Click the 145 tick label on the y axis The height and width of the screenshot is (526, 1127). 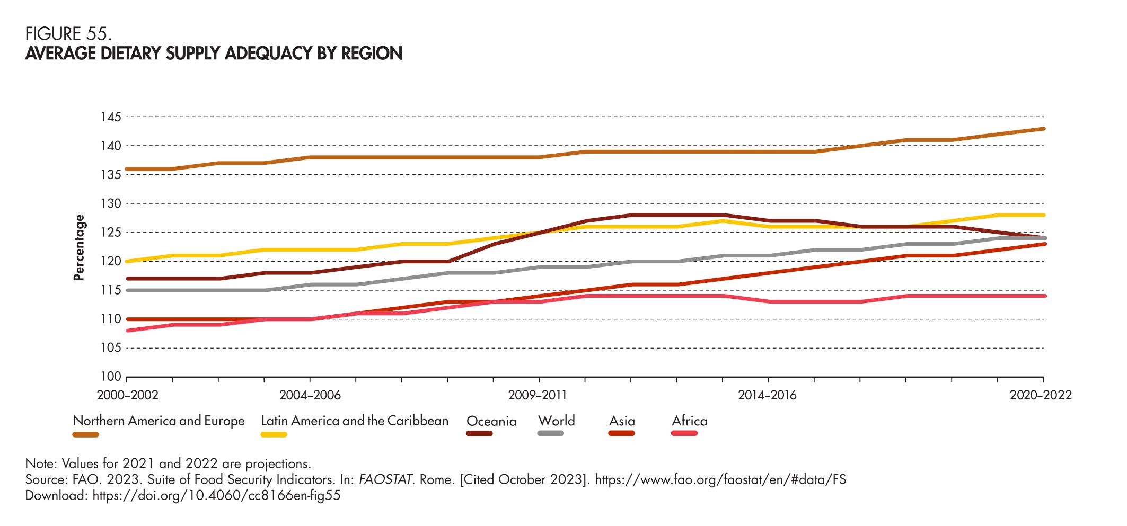click(111, 117)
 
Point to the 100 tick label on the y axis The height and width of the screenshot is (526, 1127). click(111, 377)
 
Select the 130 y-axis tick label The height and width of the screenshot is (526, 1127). click(111, 204)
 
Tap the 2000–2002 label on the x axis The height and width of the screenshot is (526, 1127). click(127, 395)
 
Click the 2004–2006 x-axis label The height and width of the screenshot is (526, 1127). click(310, 395)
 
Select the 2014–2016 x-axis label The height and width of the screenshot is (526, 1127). click(767, 395)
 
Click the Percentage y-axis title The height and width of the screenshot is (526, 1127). click(79, 247)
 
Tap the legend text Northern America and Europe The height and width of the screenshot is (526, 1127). click(159, 421)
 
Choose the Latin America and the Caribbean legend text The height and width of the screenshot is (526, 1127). click(355, 421)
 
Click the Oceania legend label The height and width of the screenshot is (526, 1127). click(491, 422)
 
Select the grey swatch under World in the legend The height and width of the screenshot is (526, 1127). click(550, 434)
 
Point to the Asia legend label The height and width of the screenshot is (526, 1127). click(622, 422)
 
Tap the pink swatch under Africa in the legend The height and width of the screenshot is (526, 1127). click(684, 434)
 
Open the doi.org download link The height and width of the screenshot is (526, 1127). click(216, 496)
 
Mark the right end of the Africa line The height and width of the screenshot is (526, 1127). click(1044, 296)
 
